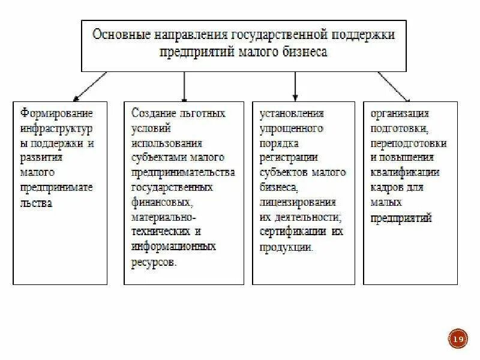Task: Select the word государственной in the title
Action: (x=277, y=35)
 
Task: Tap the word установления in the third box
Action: (x=292, y=113)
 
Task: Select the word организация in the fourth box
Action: (x=399, y=113)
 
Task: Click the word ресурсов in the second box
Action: (x=154, y=262)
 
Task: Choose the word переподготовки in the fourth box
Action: (x=408, y=143)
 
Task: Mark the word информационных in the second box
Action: (x=173, y=247)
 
